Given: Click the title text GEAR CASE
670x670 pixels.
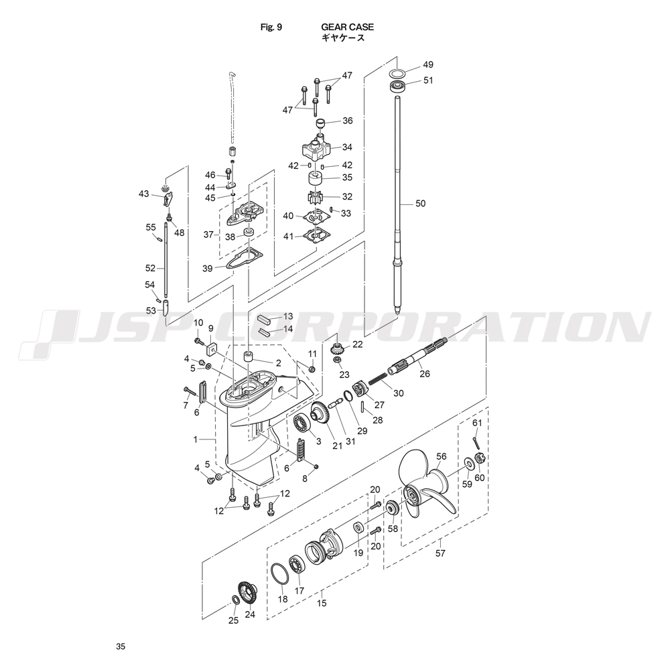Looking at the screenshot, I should pyautogui.click(x=347, y=27).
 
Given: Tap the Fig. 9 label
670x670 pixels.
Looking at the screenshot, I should pyautogui.click(x=271, y=27).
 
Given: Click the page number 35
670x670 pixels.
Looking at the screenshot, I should pyautogui.click(x=120, y=647).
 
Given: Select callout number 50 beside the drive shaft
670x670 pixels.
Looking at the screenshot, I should pyautogui.click(x=420, y=203).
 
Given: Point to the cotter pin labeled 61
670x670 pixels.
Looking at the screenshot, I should pyautogui.click(x=476, y=441).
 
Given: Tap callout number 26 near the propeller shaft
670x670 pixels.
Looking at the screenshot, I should pyautogui.click(x=425, y=374).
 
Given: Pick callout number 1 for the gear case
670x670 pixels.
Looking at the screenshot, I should pyautogui.click(x=196, y=440).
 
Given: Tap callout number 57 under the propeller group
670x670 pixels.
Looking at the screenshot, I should pyautogui.click(x=440, y=553).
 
